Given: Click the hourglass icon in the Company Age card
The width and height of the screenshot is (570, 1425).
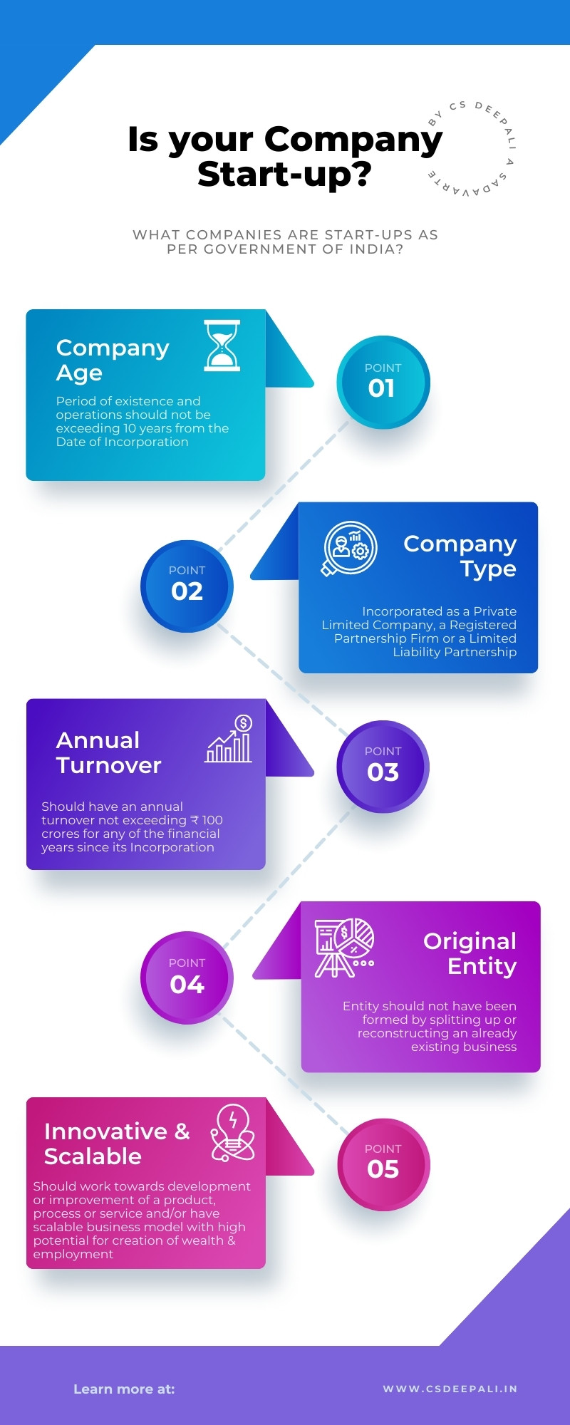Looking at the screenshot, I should (222, 346).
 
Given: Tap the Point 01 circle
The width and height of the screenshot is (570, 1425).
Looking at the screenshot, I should (383, 382).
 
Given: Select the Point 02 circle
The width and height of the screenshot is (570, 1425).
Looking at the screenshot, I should (187, 586).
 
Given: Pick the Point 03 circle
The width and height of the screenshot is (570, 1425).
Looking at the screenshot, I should (383, 766).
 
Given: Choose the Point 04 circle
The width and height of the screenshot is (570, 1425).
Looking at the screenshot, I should (187, 978).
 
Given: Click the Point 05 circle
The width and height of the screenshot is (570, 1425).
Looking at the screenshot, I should (383, 1164).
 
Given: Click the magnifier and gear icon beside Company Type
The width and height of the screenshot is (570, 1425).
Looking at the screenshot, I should (350, 548).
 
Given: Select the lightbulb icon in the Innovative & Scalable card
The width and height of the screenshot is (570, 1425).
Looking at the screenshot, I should (233, 1133).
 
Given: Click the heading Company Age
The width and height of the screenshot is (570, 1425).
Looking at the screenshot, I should (113, 360).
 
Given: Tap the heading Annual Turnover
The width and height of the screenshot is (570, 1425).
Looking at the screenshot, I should (108, 752).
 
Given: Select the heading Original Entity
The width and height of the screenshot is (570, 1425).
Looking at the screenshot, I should (470, 953).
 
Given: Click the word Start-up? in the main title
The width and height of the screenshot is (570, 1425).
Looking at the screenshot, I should (284, 175).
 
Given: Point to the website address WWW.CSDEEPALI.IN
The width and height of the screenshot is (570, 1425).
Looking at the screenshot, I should (450, 1389).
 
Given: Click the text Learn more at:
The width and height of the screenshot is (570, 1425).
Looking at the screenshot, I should (124, 1389).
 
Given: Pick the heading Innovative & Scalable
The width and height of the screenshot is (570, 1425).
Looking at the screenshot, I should (117, 1144).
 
